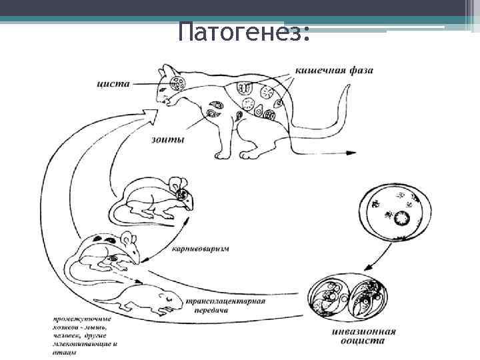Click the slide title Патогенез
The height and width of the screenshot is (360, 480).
coord(244,31)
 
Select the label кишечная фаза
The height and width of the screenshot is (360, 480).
coord(326,69)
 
